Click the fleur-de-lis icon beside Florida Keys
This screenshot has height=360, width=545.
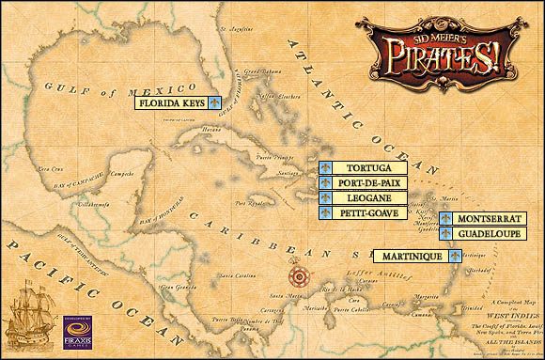[x=214, y=102]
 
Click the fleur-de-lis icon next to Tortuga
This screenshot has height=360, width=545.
[x=325, y=167]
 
